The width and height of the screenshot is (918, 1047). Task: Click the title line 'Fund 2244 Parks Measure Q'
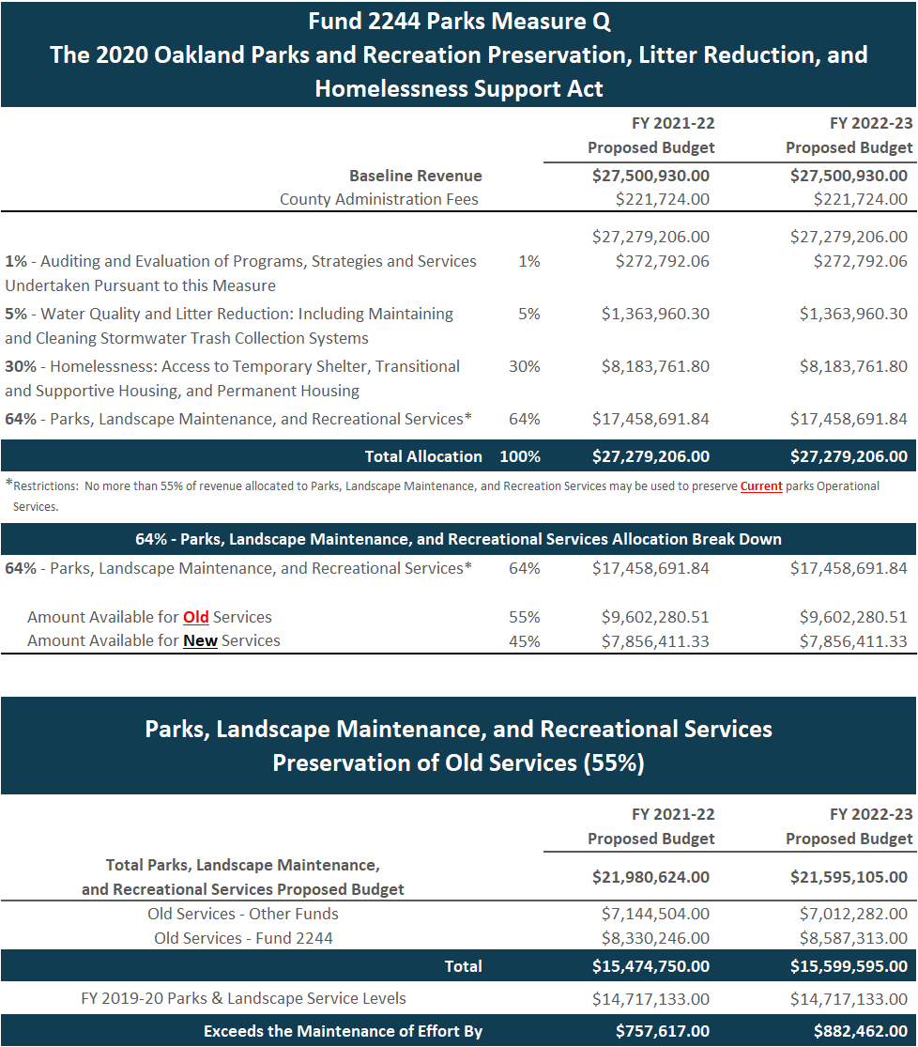pyautogui.click(x=458, y=21)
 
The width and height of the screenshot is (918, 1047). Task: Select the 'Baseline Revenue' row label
pyautogui.click(x=415, y=176)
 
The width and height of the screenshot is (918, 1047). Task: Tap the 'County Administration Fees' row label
pyautogui.click(x=378, y=199)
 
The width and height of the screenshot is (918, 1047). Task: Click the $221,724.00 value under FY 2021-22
pyautogui.click(x=662, y=199)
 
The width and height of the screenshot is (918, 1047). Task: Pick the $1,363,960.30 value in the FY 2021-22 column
pyautogui.click(x=655, y=314)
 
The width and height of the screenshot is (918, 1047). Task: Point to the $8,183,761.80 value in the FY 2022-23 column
pyautogui.click(x=853, y=366)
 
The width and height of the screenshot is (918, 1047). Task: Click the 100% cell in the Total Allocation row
pyautogui.click(x=519, y=456)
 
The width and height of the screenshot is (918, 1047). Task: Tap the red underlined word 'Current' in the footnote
pyautogui.click(x=760, y=486)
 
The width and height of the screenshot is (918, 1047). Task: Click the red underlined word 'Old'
pyautogui.click(x=196, y=617)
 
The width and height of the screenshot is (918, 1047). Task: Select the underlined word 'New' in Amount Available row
pyautogui.click(x=200, y=640)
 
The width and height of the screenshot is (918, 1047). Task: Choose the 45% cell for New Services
pyautogui.click(x=528, y=640)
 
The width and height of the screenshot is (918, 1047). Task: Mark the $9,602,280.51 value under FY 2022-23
pyautogui.click(x=853, y=617)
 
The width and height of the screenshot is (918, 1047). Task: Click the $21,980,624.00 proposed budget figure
pyautogui.click(x=650, y=877)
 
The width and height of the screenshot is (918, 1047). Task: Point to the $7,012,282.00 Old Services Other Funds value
pyautogui.click(x=853, y=914)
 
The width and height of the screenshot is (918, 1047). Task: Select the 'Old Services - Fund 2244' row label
pyautogui.click(x=243, y=938)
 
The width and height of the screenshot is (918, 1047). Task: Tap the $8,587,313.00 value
pyautogui.click(x=853, y=938)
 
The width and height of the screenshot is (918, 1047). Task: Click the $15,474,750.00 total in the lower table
pyautogui.click(x=650, y=966)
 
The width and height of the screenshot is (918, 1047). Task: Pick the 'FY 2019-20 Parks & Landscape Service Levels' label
pyautogui.click(x=243, y=998)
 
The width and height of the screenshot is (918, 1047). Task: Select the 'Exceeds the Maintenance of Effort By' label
pyautogui.click(x=343, y=1031)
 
